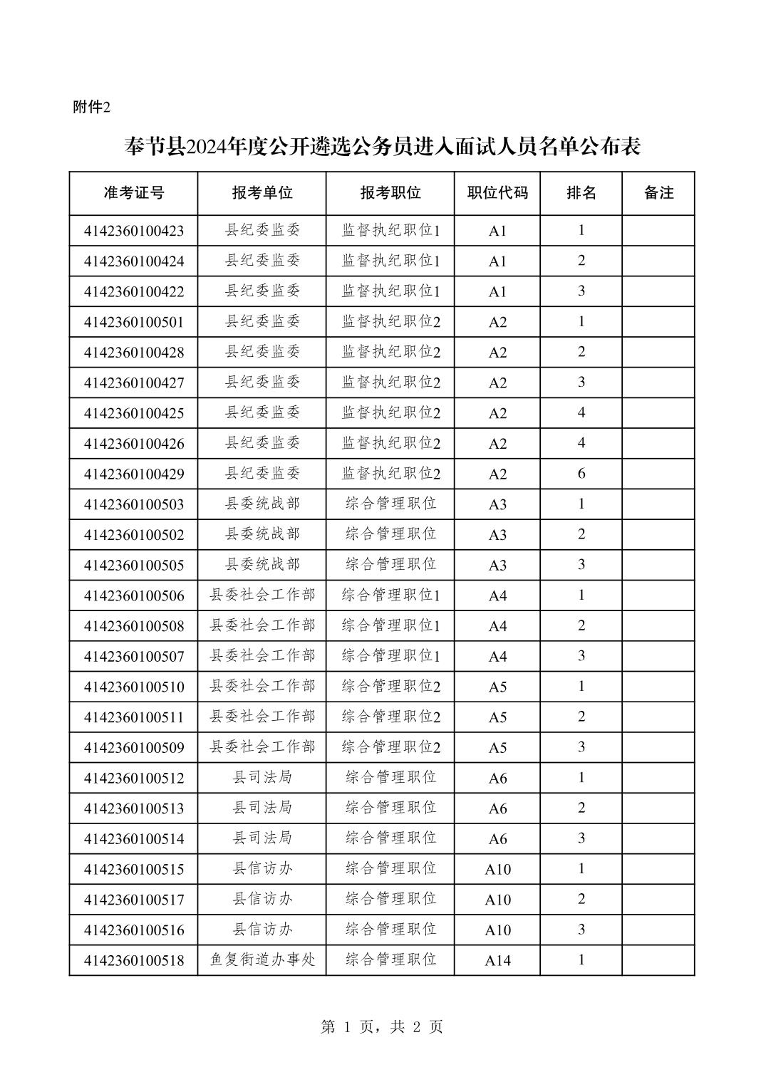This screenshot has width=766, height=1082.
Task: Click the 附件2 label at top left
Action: (x=92, y=108)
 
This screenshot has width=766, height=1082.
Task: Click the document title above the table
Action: (x=383, y=147)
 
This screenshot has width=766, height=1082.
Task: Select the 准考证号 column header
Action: (x=134, y=193)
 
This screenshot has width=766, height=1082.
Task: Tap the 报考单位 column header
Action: (x=262, y=193)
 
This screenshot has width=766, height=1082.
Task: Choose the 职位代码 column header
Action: (x=497, y=193)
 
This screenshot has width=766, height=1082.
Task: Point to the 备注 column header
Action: (x=658, y=193)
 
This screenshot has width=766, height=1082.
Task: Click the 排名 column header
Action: (x=581, y=193)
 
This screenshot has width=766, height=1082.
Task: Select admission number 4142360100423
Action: (x=134, y=231)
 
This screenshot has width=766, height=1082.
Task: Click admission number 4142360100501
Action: (x=134, y=322)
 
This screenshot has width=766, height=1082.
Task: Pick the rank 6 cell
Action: (x=581, y=474)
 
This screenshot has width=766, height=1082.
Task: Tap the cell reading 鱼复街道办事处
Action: (x=262, y=959)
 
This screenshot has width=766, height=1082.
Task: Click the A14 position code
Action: (x=497, y=960)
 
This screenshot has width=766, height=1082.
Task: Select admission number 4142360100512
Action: (x=134, y=778)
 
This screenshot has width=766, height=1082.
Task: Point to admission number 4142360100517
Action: (x=134, y=900)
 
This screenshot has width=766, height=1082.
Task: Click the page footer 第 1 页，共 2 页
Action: (x=382, y=1026)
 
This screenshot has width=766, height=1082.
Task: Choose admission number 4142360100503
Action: (x=134, y=504)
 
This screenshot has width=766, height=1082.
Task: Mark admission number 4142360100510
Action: (x=134, y=687)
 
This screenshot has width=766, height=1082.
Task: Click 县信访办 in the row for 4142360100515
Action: (x=262, y=868)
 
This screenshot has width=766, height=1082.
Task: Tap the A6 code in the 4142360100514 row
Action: (x=497, y=839)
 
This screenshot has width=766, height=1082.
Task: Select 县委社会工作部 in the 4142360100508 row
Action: (x=262, y=625)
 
